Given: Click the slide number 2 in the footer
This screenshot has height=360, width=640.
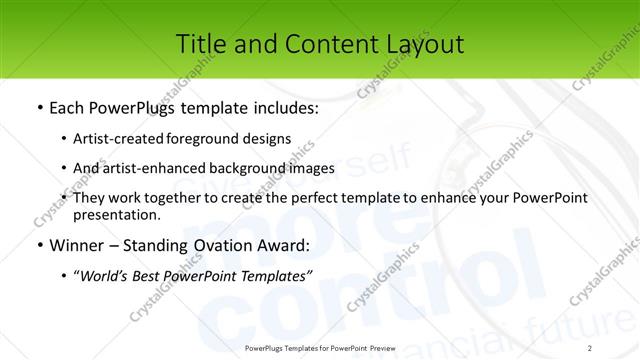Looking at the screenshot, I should click(x=591, y=346).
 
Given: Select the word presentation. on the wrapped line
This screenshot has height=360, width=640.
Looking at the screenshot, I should click(x=117, y=215).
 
